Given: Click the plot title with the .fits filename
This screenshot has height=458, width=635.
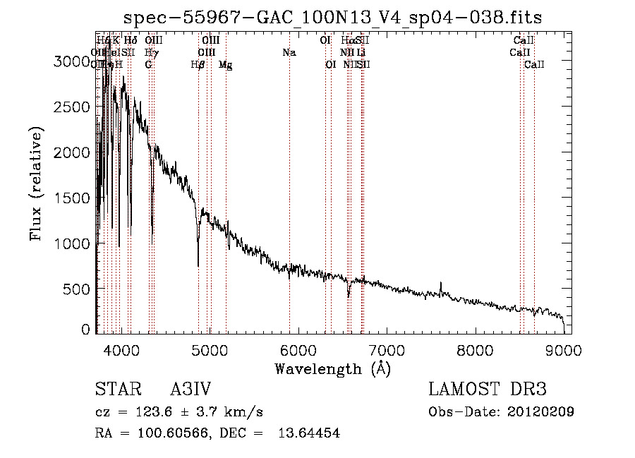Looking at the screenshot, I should [x=332, y=18].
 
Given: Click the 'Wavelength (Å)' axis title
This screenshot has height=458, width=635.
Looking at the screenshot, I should [x=332, y=368].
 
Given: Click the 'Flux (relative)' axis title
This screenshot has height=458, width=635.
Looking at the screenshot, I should [x=37, y=183].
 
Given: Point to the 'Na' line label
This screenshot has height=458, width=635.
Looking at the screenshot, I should [x=289, y=52].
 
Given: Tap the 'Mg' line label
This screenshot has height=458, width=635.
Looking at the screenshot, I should [x=226, y=65].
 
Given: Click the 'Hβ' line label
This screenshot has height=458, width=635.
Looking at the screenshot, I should [x=198, y=65].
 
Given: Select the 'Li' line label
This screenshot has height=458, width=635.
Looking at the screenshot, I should [x=361, y=52].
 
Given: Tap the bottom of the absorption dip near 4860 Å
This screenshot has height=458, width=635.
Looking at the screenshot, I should [x=198, y=265].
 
